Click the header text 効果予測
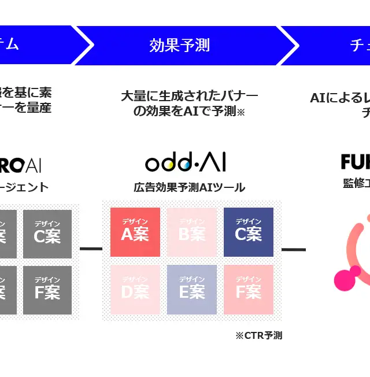click(x=179, y=45)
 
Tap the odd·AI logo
click(x=186, y=162)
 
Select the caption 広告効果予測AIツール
click(x=189, y=187)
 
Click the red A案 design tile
click(x=135, y=232)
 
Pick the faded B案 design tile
click(x=192, y=232)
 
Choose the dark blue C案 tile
click(x=249, y=232)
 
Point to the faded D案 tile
click(x=135, y=290)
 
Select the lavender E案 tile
click(x=192, y=290)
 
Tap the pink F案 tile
click(x=249, y=290)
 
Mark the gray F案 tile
click(x=47, y=290)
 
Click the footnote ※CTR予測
click(x=258, y=335)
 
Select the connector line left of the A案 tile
click(x=90, y=249)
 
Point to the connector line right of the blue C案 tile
click(x=294, y=249)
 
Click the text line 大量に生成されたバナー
click(x=189, y=96)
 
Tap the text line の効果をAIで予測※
click(x=189, y=112)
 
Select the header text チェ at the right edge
click(x=359, y=45)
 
